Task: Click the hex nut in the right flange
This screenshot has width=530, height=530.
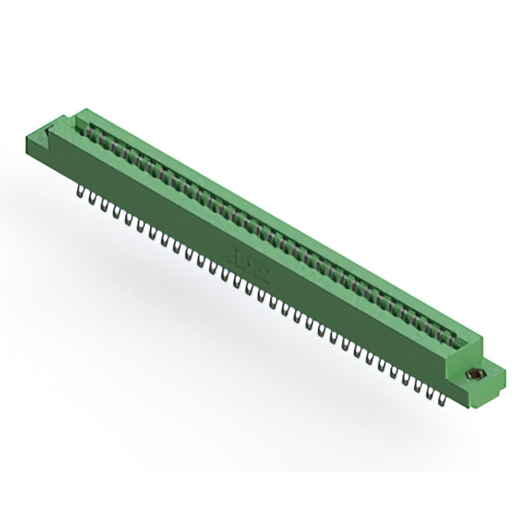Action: tap(475, 374)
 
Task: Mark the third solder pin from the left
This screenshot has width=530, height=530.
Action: tap(103, 206)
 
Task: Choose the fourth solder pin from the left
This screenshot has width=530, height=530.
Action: tap(114, 213)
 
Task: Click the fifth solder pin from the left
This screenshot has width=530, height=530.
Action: tap(127, 219)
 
